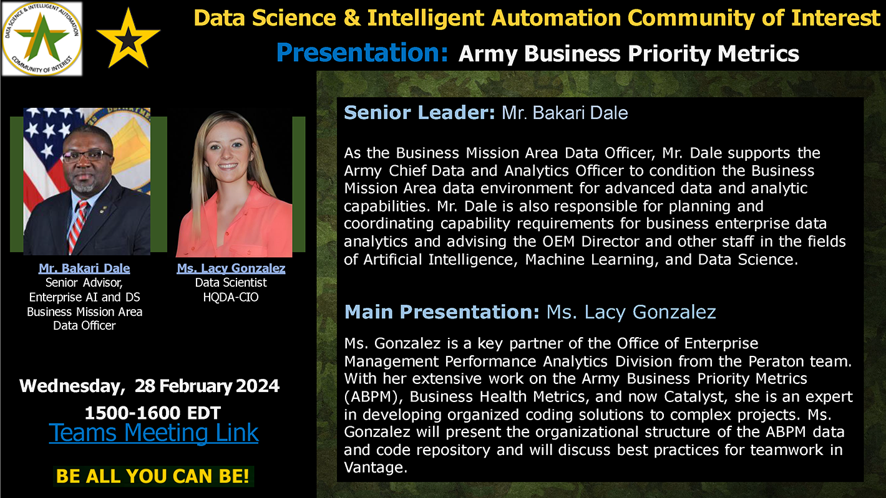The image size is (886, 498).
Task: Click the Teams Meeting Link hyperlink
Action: tap(153, 433)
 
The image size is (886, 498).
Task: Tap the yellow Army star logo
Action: tap(128, 38)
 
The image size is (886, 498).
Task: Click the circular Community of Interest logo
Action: tap(42, 39)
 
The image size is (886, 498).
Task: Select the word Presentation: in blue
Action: tap(362, 52)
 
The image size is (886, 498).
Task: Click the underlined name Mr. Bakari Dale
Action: tap(84, 269)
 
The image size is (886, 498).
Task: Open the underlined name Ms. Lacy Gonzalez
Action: tap(231, 269)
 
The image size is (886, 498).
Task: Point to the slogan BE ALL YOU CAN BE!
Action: tap(153, 476)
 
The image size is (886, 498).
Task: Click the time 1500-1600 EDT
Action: tap(153, 413)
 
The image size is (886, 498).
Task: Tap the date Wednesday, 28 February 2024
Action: tap(150, 386)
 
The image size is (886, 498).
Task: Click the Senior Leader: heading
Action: tap(419, 113)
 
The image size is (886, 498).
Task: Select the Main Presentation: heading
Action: tap(442, 312)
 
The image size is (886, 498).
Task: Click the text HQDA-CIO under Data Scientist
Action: tap(231, 297)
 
